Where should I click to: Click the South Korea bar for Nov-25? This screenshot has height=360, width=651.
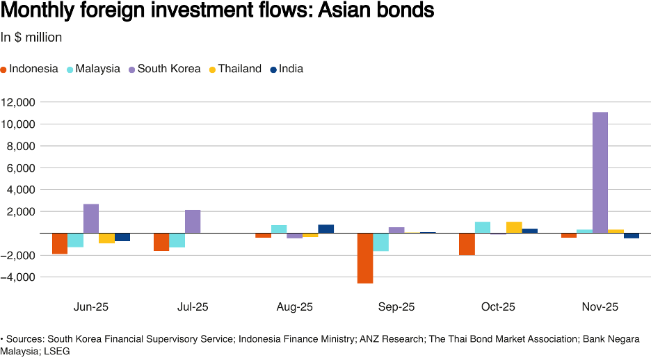(600, 172)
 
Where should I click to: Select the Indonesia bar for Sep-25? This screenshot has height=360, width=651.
(365, 258)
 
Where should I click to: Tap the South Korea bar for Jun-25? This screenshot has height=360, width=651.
(91, 218)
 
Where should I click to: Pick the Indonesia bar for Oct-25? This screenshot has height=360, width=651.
(467, 244)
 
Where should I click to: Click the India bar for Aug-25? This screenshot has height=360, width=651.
(326, 229)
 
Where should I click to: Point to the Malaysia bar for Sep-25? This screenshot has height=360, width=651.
(380, 242)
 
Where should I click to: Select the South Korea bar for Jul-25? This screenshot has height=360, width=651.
(193, 221)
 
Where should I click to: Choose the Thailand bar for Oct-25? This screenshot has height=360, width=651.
(514, 227)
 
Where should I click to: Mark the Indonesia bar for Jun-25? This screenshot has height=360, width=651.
(60, 243)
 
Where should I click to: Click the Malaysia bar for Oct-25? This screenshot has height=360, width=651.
(483, 227)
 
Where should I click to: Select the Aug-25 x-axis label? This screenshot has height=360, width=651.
(295, 306)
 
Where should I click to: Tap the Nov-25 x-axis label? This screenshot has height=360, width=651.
(600, 306)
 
